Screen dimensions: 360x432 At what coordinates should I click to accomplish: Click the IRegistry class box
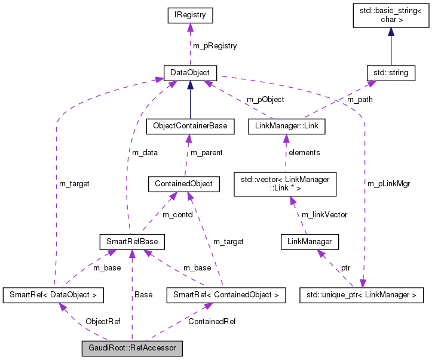point(190,14)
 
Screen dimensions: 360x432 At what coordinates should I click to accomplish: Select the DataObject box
point(190,73)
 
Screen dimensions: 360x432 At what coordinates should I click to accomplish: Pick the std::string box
point(391,73)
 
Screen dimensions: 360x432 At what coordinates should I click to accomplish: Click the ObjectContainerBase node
point(190,127)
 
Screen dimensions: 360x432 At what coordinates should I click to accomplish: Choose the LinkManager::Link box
point(286,127)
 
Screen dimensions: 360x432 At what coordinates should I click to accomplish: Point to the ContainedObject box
point(184,184)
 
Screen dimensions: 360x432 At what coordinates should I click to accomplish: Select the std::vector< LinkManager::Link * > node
point(286,184)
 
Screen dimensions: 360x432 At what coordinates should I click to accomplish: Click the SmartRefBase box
point(131,241)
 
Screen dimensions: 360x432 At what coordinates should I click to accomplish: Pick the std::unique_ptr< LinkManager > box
point(361,294)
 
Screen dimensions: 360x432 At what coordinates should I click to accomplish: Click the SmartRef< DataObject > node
point(53,294)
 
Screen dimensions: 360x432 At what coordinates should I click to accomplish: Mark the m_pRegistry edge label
point(215,46)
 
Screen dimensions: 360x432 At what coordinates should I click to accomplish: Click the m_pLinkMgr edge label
point(390,183)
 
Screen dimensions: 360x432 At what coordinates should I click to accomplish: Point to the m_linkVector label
point(324,214)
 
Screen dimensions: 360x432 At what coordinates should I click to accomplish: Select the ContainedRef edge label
point(212,322)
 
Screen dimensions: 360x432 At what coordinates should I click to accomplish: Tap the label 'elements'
point(304,153)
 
